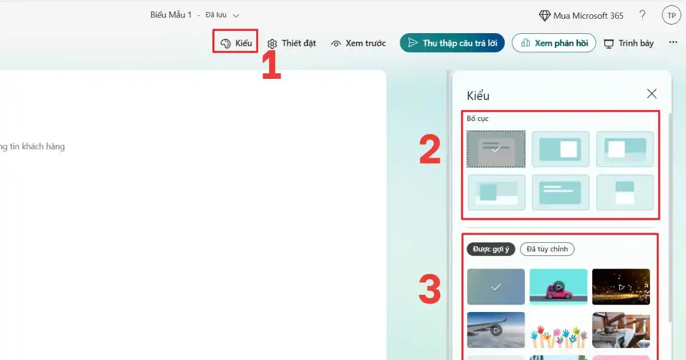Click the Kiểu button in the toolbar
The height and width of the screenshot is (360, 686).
(x=236, y=43)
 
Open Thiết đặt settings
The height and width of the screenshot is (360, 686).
(x=291, y=43)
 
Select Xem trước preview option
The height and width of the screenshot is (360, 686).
(x=358, y=43)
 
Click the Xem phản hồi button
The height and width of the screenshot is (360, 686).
(x=554, y=43)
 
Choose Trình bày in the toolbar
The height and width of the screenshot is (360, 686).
(x=629, y=43)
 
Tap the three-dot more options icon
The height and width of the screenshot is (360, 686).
(x=673, y=42)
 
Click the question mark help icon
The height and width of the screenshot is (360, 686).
(x=643, y=15)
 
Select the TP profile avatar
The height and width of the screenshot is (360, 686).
(x=671, y=15)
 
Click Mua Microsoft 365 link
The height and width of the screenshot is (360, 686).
(x=581, y=15)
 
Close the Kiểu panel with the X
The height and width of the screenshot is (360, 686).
(x=652, y=94)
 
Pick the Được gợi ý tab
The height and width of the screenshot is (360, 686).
(x=491, y=249)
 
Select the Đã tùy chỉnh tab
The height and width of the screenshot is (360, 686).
(x=547, y=249)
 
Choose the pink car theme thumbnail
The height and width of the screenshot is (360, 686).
(x=559, y=287)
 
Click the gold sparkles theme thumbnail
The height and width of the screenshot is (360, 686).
(x=621, y=287)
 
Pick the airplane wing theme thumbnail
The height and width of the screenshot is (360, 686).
(x=496, y=330)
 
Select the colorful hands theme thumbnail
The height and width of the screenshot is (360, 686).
(x=559, y=330)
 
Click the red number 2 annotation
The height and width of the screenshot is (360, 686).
(x=430, y=149)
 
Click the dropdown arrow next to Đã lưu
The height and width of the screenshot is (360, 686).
(x=236, y=15)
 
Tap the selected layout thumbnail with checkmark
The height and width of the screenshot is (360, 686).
(x=496, y=149)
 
